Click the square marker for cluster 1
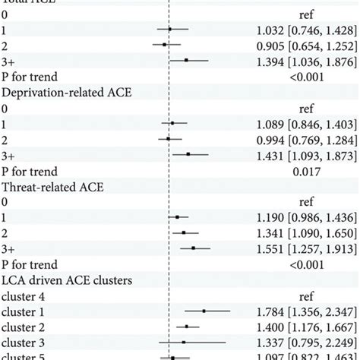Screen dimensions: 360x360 click(x=204, y=311)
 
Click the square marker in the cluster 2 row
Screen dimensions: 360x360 click(x=187, y=327)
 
